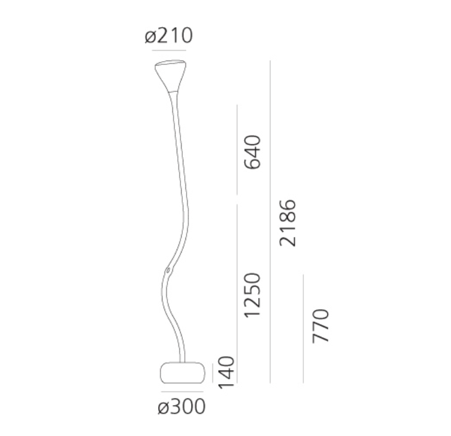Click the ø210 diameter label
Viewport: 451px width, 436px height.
[x=169, y=36]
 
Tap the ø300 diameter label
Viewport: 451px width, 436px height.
[x=182, y=407]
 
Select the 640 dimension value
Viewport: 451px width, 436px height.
[x=253, y=152]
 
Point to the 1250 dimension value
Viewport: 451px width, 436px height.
[x=253, y=295]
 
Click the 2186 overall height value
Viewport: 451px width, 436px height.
[x=287, y=222]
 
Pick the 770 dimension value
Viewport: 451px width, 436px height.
[x=321, y=325]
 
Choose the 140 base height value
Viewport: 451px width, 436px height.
[x=227, y=372]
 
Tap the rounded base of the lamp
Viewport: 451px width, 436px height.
[x=182, y=372]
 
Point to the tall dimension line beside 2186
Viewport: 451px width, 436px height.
[x=271, y=222]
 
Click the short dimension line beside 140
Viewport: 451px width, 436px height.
[x=213, y=372]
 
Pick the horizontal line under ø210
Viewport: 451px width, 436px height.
[x=169, y=50]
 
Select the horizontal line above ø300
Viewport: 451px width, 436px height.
[x=182, y=392]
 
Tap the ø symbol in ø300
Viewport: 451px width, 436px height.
[x=163, y=408]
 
